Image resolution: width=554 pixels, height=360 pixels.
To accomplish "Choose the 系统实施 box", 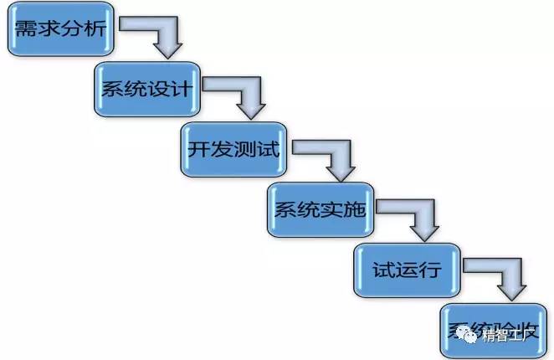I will pyautogui.click(x=320, y=209).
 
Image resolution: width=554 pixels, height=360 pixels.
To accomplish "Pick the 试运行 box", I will pyautogui.click(x=406, y=270).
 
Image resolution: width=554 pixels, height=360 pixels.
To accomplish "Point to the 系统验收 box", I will pyautogui.click(x=495, y=329).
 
